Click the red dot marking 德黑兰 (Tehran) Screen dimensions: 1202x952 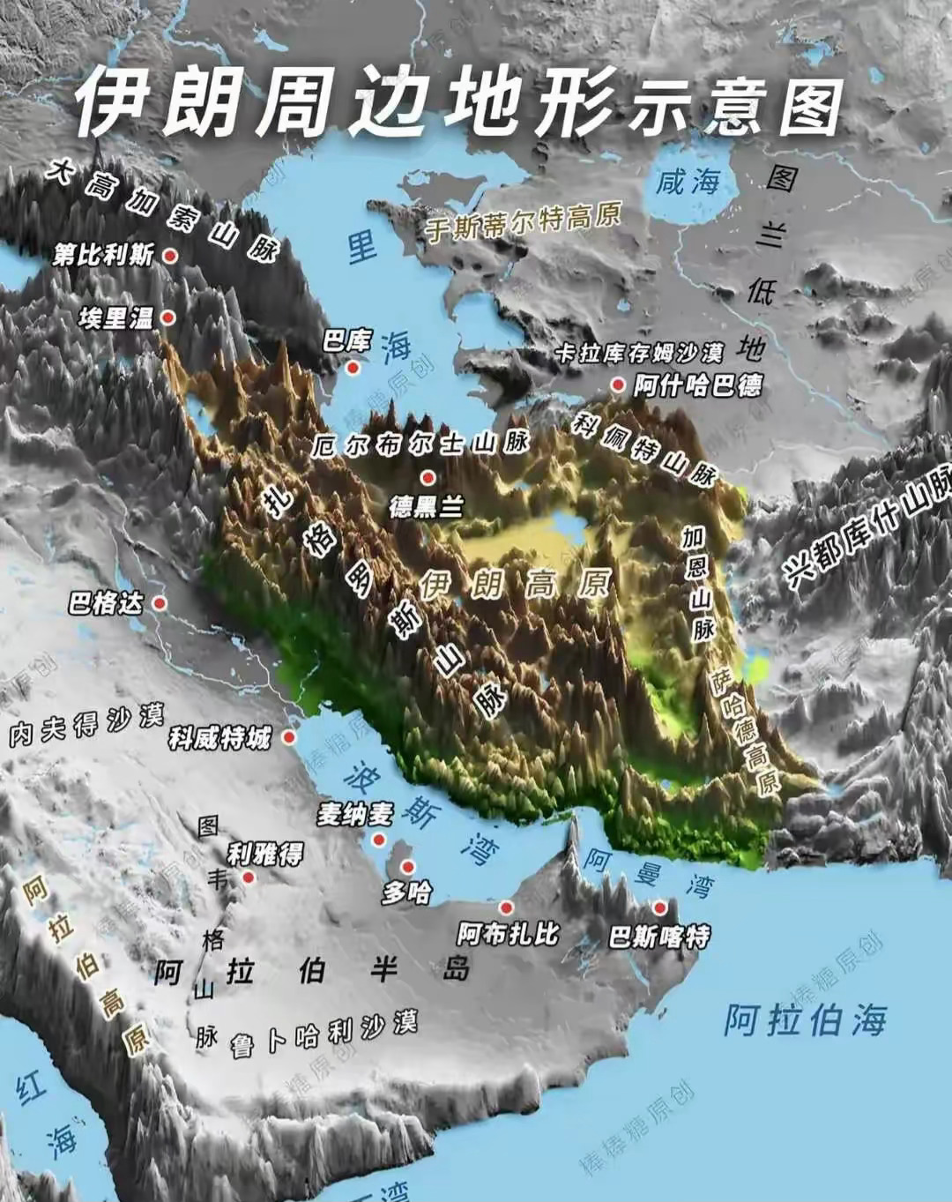click(x=428, y=478)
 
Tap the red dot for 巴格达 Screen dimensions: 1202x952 click(x=160, y=603)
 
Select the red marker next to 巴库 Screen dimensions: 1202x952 click(x=353, y=367)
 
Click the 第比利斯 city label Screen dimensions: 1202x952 click(x=103, y=256)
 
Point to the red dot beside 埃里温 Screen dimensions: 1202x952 click(x=167, y=318)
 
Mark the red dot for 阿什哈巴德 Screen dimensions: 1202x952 click(x=618, y=385)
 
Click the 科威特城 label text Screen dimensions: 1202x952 click(x=219, y=737)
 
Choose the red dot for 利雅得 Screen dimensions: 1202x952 click(x=249, y=877)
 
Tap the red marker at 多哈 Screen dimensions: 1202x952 click(x=407, y=865)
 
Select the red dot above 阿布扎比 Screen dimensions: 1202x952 click(x=506, y=907)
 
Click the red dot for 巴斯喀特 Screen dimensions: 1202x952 click(x=659, y=907)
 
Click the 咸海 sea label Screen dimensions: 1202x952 click(x=688, y=183)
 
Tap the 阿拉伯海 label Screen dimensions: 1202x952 click(x=805, y=1019)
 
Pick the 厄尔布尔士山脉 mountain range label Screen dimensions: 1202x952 click(x=420, y=444)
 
